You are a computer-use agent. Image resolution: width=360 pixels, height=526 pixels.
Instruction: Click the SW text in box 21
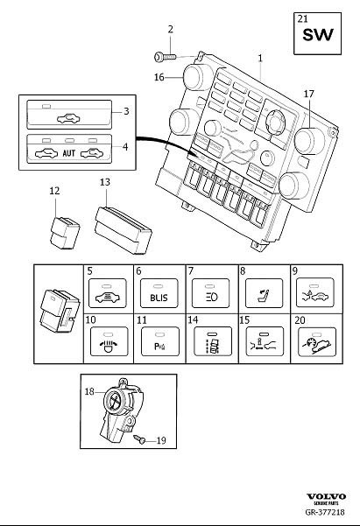coord(318,35)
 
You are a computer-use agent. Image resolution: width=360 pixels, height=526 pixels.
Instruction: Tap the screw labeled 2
coord(165,57)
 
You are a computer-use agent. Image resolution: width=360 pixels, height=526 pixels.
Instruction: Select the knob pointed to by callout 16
coord(197,76)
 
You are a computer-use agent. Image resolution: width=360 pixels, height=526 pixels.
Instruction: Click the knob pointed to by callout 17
coord(310,141)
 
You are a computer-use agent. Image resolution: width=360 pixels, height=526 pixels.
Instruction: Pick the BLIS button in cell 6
coord(159,293)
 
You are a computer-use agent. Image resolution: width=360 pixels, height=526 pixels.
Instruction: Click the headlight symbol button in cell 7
coord(210,293)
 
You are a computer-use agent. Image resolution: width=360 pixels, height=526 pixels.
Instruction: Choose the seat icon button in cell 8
coord(264,293)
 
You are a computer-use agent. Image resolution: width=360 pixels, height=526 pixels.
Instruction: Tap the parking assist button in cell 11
coord(160,341)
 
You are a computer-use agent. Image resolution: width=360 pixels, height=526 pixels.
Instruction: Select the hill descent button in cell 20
coord(317,342)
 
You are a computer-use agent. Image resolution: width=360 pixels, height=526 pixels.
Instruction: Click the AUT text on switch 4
coord(69,153)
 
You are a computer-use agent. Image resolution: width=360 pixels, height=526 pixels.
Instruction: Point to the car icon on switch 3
coord(69,118)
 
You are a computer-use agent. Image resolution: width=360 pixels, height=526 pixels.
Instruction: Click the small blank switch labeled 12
coord(65,233)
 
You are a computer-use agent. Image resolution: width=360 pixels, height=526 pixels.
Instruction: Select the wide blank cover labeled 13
coord(124,230)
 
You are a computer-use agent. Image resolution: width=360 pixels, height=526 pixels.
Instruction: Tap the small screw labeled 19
coord(139,439)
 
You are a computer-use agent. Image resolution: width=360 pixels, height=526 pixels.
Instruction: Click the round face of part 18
coord(115,400)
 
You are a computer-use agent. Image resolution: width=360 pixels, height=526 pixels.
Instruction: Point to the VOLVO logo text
coord(326,496)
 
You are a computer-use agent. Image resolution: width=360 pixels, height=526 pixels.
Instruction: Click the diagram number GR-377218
coord(325,512)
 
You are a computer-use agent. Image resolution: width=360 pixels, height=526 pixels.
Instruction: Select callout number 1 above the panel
coord(260,59)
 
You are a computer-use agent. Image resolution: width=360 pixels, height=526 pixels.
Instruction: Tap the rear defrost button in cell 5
coord(108,293)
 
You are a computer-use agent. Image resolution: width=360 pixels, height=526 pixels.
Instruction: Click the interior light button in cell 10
coord(109,341)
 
